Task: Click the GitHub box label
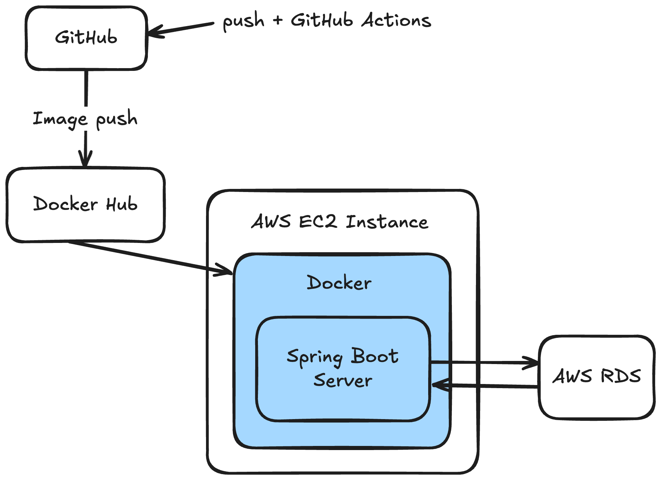coord(86,37)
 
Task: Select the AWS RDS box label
coord(597,376)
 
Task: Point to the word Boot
coord(375,356)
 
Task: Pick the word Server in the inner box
coord(343,380)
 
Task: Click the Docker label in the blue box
coord(339,283)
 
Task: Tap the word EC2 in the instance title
coord(318,221)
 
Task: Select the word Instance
coord(387,222)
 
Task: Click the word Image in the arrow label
coord(60,119)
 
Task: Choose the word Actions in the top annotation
coord(396,20)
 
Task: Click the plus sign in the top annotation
coord(278,20)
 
